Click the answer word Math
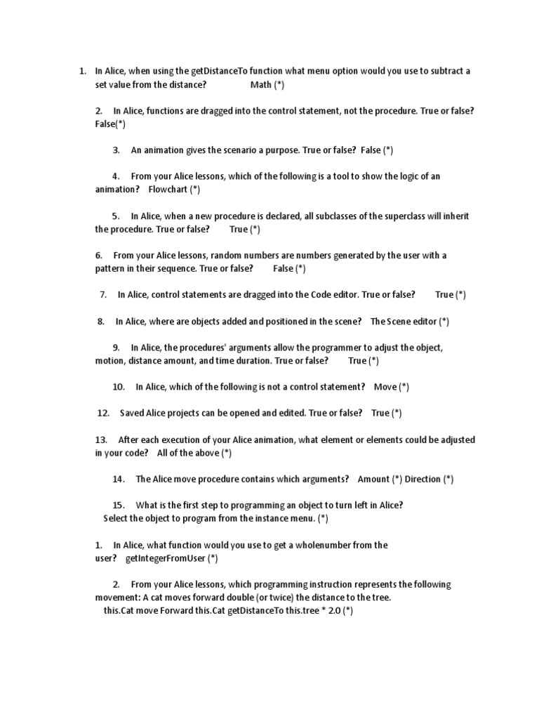point(260,85)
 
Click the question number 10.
point(119,387)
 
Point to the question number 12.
point(103,413)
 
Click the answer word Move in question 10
point(385,387)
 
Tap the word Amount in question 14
point(374,479)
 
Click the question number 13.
point(101,440)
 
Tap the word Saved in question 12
point(133,413)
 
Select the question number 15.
point(118,505)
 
